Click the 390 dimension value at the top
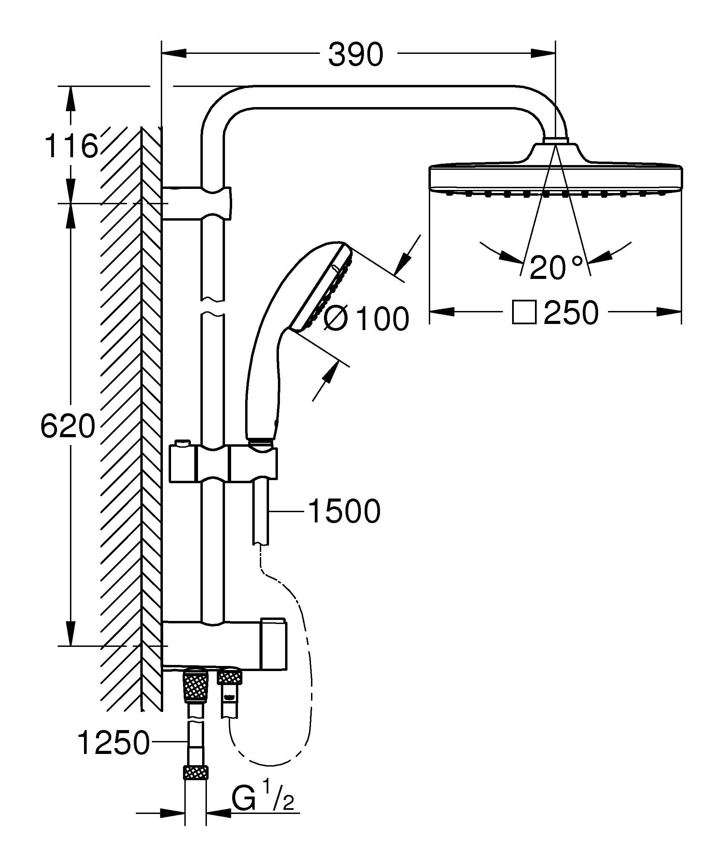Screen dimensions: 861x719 pos(355,54)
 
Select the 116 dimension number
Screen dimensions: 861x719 pos(71,146)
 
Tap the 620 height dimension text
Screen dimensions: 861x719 pos(68,426)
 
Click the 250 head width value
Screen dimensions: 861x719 pos(571,313)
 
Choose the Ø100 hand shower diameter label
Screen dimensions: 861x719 pos(366,318)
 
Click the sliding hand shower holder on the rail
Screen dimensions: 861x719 pos(224,464)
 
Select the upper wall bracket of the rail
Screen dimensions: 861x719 pos(197,203)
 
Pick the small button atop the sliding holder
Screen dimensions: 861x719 pos(182,444)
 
